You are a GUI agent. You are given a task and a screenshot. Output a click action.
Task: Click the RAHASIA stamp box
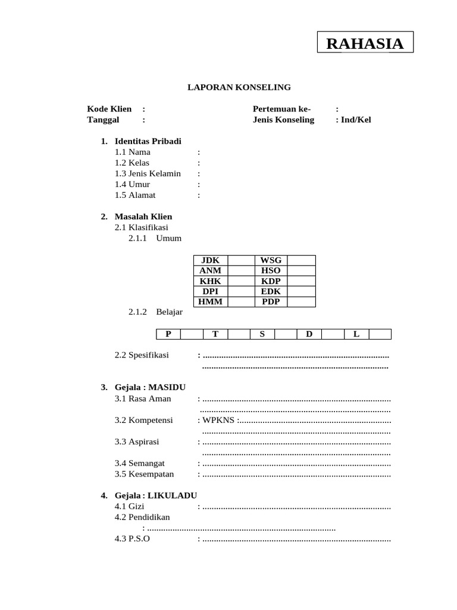(365, 43)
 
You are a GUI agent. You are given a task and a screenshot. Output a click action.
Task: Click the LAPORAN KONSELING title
(239, 87)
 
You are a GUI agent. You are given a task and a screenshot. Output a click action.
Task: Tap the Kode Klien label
(109, 109)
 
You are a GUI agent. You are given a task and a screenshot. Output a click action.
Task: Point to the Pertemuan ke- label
(282, 109)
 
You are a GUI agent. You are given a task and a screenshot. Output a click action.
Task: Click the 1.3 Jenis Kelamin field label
(148, 173)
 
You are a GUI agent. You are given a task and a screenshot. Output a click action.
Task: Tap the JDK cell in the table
(211, 260)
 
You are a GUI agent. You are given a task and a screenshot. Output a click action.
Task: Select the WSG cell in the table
(271, 260)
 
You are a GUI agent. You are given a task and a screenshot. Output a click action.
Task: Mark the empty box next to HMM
(241, 302)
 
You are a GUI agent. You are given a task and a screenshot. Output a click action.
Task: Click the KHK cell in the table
(211, 281)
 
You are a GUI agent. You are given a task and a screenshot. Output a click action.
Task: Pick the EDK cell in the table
(271, 292)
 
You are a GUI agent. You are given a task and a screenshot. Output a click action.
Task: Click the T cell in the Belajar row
(215, 334)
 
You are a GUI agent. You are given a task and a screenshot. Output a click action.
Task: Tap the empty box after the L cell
(380, 334)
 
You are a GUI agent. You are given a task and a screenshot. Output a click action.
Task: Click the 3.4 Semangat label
(139, 463)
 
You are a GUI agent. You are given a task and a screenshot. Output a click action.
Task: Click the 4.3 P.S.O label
(132, 539)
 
